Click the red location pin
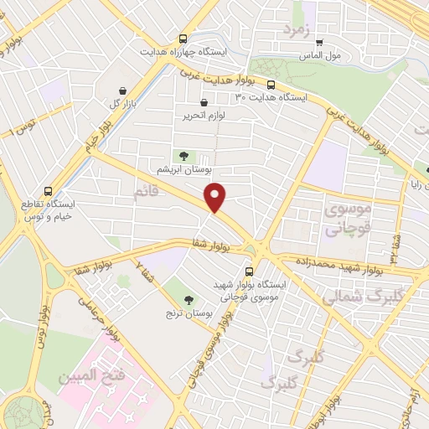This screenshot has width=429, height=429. (216, 197)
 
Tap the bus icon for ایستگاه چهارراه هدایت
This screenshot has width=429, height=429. (183, 39)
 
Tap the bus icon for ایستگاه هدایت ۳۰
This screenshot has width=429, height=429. (271, 85)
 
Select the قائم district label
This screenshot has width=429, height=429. (145, 193)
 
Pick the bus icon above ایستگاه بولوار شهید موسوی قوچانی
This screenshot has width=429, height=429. (249, 271)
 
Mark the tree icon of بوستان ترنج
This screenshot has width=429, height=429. (188, 299)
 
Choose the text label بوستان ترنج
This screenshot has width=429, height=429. (189, 314)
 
